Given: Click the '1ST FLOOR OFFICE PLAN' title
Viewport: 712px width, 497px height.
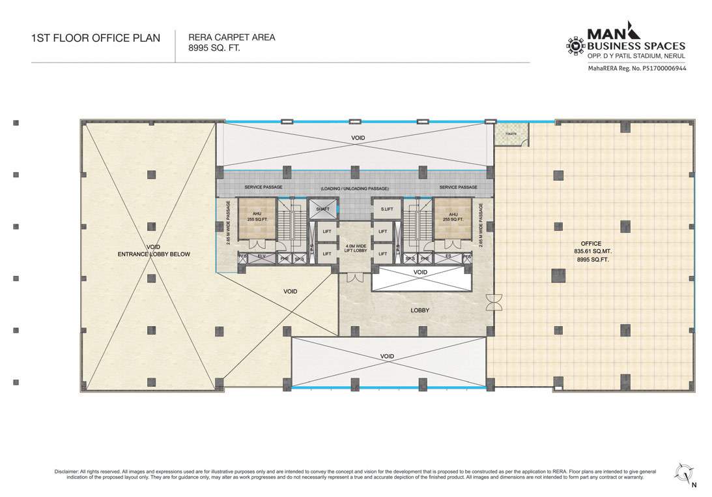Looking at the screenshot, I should pyautogui.click(x=95, y=38).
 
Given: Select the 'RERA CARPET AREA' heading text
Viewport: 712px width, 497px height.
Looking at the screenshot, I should pyautogui.click(x=231, y=37).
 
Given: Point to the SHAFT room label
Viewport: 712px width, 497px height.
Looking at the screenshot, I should pyautogui.click(x=322, y=209).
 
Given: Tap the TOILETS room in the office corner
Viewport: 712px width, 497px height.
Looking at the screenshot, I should pyautogui.click(x=511, y=134).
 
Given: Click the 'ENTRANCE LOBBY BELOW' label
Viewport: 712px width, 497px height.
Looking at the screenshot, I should pyautogui.click(x=154, y=254).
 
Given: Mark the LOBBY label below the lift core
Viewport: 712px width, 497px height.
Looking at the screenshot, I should pyautogui.click(x=420, y=310).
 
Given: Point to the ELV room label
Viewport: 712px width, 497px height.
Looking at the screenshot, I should pyautogui.click(x=261, y=257).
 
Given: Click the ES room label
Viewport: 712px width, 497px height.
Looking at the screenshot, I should pyautogui.click(x=449, y=257).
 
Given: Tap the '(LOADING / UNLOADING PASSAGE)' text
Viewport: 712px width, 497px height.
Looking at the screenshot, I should pyautogui.click(x=354, y=188).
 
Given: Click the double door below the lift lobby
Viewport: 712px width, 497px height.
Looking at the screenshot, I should pyautogui.click(x=354, y=277).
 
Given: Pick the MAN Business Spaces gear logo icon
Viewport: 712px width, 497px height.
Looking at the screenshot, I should pyautogui.click(x=575, y=46).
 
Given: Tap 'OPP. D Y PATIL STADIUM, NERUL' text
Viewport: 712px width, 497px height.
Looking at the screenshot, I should pyautogui.click(x=636, y=57).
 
